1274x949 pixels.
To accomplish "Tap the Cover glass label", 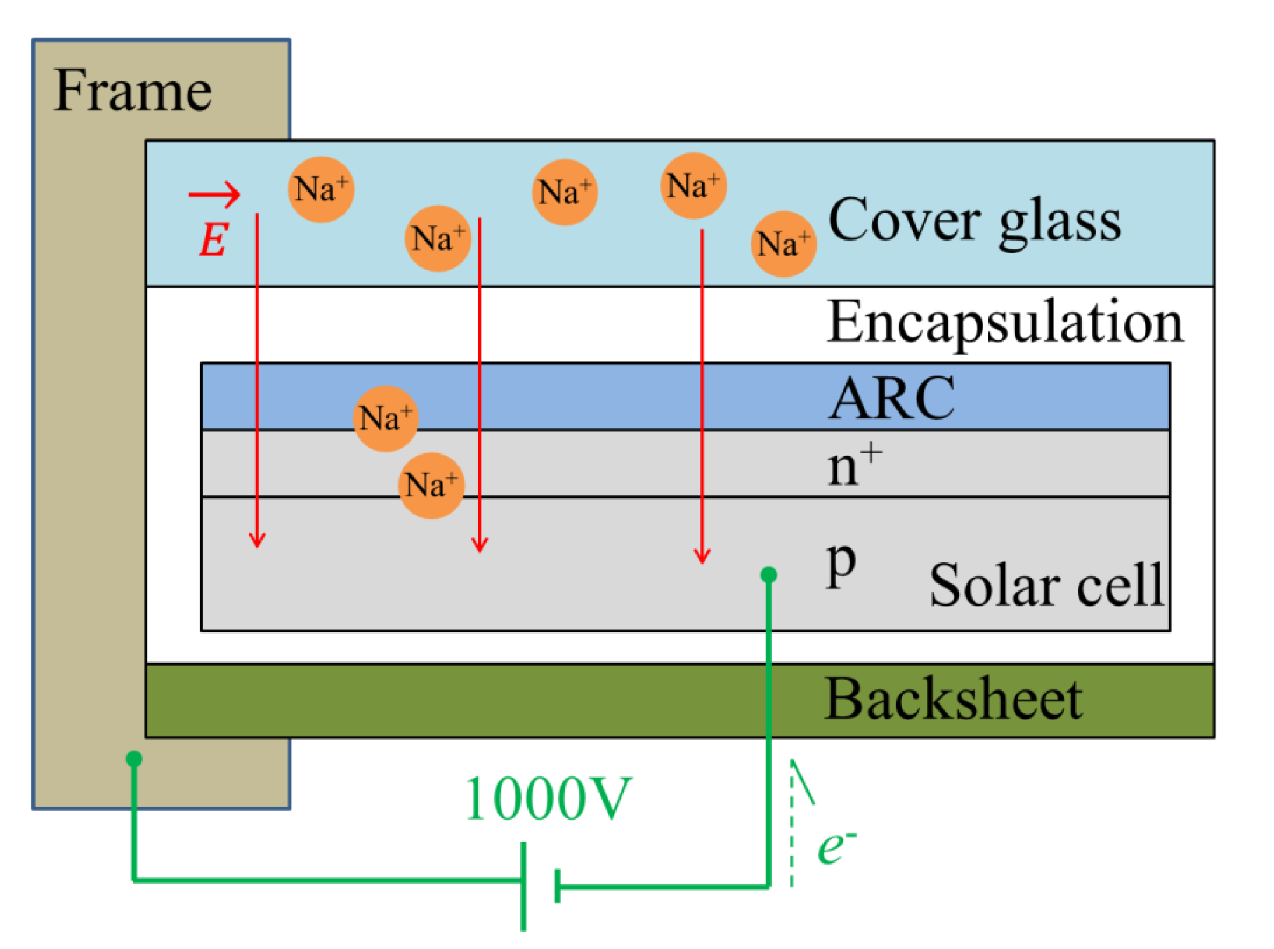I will pyautogui.click(x=974, y=220).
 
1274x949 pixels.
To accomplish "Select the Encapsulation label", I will pyautogui.click(x=1004, y=322).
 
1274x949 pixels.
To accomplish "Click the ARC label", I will pyautogui.click(x=891, y=399).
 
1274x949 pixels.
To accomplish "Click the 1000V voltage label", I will pyautogui.click(x=548, y=799).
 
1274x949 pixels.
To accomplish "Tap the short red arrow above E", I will pyautogui.click(x=214, y=194).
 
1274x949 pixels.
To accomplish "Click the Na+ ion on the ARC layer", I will pyautogui.click(x=385, y=418).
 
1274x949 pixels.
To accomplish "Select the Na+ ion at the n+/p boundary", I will pyautogui.click(x=431, y=485).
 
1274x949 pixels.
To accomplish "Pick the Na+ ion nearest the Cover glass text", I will pyautogui.click(x=784, y=244).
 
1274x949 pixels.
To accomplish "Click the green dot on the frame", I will pyautogui.click(x=134, y=759).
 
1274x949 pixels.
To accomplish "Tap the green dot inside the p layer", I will pyautogui.click(x=768, y=575).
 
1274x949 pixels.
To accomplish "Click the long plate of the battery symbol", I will pyautogui.click(x=523, y=886).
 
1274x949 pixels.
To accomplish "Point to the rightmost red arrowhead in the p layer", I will pyautogui.click(x=702, y=557).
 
